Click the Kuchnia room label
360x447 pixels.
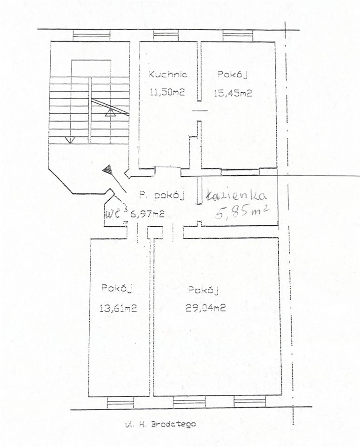[x=168, y=74]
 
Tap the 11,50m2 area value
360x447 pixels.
[x=167, y=92]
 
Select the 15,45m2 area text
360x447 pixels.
[x=233, y=93]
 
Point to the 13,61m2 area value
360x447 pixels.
[x=119, y=308]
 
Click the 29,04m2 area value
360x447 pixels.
[x=206, y=308]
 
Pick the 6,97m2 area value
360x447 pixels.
[x=147, y=214]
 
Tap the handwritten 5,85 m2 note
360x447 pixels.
[x=242, y=212]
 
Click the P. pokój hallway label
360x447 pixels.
[x=161, y=196]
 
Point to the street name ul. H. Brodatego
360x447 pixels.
[x=160, y=424]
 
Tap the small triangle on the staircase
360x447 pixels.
[x=110, y=113]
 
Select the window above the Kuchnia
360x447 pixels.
[x=166, y=36]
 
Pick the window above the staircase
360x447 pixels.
[x=92, y=36]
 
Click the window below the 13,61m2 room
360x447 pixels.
[x=120, y=403]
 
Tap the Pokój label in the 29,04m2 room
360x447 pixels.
[x=203, y=291]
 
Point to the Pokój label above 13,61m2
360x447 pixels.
[x=117, y=288]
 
